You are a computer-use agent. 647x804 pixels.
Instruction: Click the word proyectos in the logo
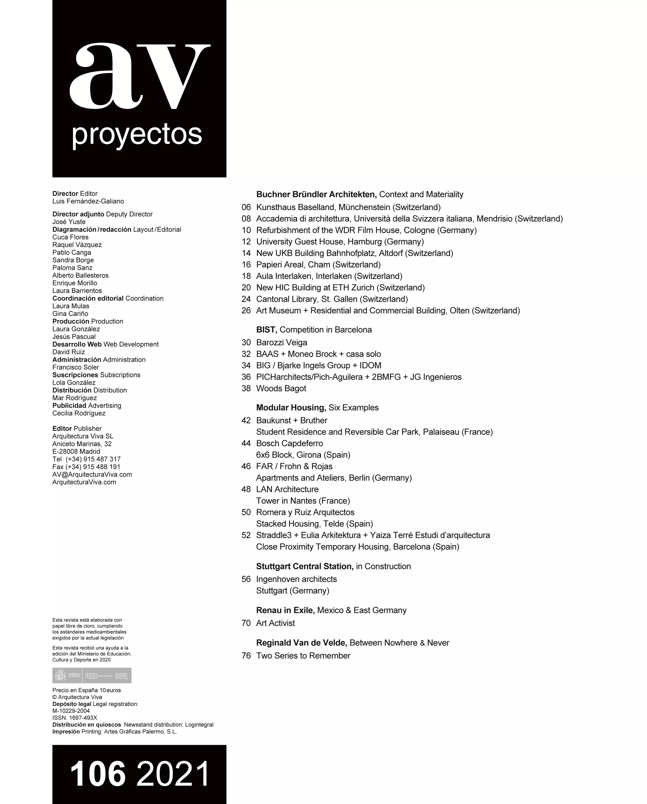coord(137,135)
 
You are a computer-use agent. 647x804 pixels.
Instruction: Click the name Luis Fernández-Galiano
coord(88,201)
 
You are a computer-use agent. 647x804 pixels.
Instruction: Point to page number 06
coord(246,207)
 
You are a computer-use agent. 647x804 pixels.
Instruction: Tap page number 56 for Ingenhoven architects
coord(246,579)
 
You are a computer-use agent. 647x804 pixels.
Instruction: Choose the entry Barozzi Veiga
coord(282,343)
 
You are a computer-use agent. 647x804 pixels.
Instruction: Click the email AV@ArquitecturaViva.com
coord(92,474)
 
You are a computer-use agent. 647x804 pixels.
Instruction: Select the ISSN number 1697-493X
coord(83,718)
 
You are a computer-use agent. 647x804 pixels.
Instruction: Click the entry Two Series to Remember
coord(303,655)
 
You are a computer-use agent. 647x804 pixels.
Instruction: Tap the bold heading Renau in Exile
coord(285,610)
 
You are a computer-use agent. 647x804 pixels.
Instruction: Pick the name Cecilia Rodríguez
coord(79,413)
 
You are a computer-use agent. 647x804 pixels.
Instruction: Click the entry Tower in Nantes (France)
coord(303,501)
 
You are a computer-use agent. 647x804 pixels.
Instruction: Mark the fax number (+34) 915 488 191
coord(93,467)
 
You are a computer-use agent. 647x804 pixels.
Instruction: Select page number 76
coord(246,655)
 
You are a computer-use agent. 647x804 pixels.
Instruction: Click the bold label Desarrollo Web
coord(77,344)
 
